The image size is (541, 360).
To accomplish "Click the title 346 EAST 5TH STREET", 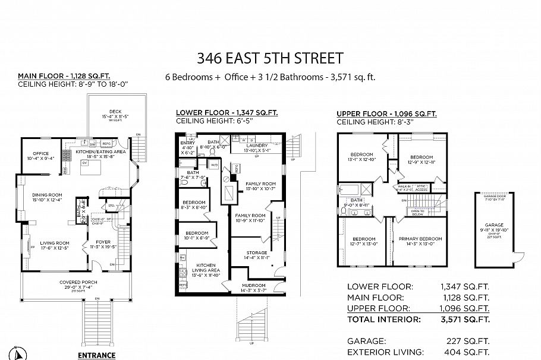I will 270,58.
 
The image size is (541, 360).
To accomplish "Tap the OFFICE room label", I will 41,153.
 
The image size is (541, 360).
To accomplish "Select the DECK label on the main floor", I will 115,111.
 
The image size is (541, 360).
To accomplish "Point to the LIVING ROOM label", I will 55,242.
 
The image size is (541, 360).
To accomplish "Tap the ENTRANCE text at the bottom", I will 96,355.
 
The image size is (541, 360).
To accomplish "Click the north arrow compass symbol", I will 18,353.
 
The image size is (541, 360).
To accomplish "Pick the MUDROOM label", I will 250,285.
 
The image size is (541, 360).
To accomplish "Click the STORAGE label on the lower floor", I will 257,252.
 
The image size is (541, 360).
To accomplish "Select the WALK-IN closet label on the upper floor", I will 403,187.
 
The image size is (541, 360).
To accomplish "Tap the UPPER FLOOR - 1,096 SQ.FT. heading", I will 386,113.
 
